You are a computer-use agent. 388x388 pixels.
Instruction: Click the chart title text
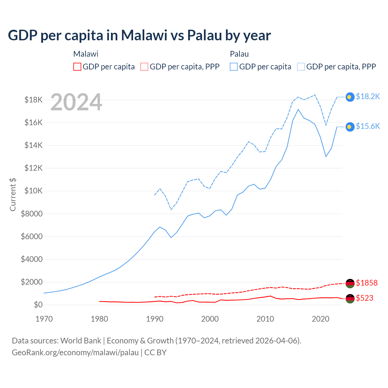[x=139, y=35]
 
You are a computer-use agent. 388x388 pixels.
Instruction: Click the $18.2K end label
[x=368, y=96]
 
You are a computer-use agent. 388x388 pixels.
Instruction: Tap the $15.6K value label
[x=368, y=126]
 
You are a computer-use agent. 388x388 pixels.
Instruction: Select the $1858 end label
[x=367, y=283]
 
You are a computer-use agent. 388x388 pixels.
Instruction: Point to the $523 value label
[x=365, y=298]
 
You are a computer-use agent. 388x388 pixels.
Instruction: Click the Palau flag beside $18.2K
[x=350, y=97]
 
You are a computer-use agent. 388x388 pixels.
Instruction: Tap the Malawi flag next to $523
[x=350, y=299]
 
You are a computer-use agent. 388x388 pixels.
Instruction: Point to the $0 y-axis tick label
[x=38, y=305]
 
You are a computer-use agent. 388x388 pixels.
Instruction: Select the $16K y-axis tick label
[x=33, y=122]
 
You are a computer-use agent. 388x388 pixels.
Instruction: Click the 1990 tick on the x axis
[x=155, y=319]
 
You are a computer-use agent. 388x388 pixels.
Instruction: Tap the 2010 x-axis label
[x=265, y=319]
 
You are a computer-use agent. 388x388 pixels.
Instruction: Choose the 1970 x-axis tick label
[x=44, y=319]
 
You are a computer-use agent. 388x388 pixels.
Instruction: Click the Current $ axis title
[x=13, y=194]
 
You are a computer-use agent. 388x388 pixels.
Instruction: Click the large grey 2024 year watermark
[x=76, y=102]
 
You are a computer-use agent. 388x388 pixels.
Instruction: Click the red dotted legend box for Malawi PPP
[x=145, y=67]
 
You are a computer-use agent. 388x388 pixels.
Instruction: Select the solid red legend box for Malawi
[x=77, y=67]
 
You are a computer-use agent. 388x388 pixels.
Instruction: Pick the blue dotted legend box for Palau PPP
[x=301, y=67]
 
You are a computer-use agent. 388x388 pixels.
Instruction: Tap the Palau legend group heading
[x=239, y=54]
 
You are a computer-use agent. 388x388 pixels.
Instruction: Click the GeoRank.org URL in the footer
[x=75, y=353]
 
